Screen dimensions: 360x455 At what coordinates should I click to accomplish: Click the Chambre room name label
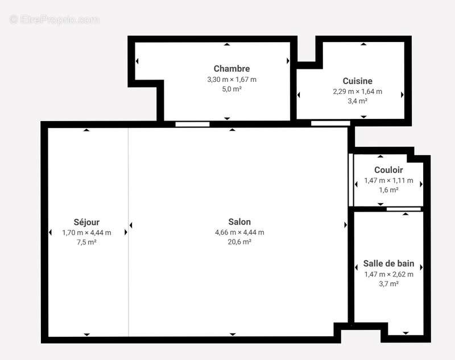click(231, 69)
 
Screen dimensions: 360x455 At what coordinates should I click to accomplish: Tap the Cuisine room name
click(357, 81)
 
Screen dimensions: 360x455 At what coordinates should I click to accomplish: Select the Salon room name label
click(239, 222)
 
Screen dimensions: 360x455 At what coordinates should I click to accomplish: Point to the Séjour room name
click(86, 222)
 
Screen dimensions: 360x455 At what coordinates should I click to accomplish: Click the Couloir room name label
click(388, 170)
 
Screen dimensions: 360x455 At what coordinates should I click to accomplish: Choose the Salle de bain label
click(388, 264)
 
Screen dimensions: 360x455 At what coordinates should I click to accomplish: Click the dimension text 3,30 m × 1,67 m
click(231, 79)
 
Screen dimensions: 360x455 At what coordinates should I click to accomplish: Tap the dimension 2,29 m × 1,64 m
click(357, 91)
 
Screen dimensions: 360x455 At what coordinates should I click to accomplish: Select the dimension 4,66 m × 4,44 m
click(239, 232)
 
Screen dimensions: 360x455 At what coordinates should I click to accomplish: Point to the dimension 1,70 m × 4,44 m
click(86, 232)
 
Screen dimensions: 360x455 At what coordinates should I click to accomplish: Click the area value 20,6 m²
click(239, 242)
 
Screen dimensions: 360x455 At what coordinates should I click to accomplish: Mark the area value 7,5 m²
click(86, 242)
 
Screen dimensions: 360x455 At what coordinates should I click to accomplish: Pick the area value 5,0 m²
click(231, 89)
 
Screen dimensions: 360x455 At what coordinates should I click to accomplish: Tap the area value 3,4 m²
click(357, 101)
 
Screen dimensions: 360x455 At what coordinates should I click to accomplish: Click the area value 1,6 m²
click(388, 190)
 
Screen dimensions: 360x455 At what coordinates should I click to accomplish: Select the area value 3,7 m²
click(388, 284)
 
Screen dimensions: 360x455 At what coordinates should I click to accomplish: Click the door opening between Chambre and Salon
click(192, 124)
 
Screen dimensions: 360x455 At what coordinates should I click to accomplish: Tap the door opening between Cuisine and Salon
click(330, 123)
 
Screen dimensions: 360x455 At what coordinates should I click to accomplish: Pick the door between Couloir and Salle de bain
click(403, 209)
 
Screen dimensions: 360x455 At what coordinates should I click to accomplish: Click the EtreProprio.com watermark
click(55, 20)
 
